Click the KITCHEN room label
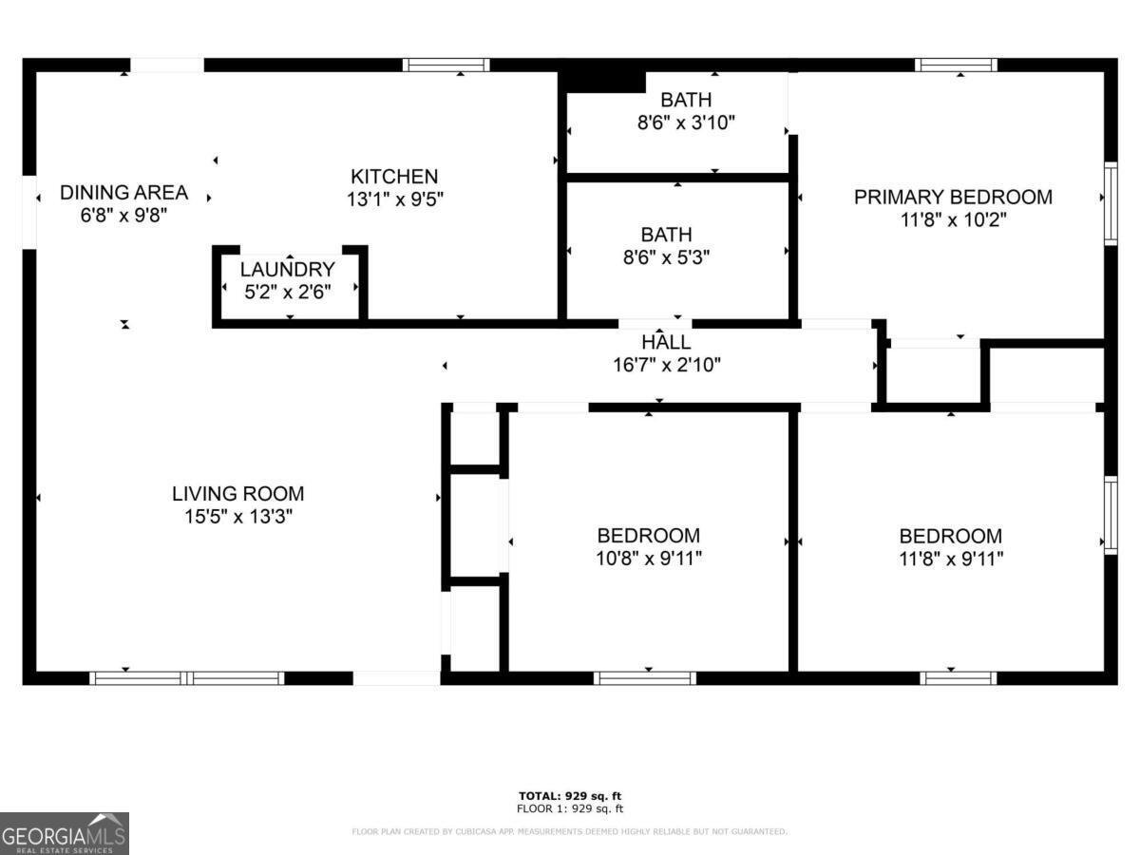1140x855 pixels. [x=394, y=177]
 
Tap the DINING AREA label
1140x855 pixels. [x=123, y=193]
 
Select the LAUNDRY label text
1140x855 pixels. [x=287, y=270]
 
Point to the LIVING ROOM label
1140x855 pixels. [x=237, y=494]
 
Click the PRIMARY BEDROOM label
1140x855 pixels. [x=953, y=198]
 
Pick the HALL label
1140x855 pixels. [x=666, y=342]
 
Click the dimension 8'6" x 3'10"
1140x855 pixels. [x=686, y=123]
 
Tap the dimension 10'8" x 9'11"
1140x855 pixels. [x=649, y=559]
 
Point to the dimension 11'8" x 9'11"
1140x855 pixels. [x=951, y=559]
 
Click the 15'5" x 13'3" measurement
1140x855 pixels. [x=237, y=517]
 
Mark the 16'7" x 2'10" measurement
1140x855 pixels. [x=666, y=364]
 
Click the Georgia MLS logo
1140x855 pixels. [x=64, y=833]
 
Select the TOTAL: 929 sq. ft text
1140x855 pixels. [x=570, y=796]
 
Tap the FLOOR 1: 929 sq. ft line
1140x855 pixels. [x=570, y=809]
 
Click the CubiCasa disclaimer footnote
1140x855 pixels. [x=570, y=832]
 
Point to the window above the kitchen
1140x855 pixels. [x=446, y=66]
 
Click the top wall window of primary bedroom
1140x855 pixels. [x=956, y=66]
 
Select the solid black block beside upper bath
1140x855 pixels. [x=604, y=79]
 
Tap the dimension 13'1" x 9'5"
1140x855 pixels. [x=394, y=199]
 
